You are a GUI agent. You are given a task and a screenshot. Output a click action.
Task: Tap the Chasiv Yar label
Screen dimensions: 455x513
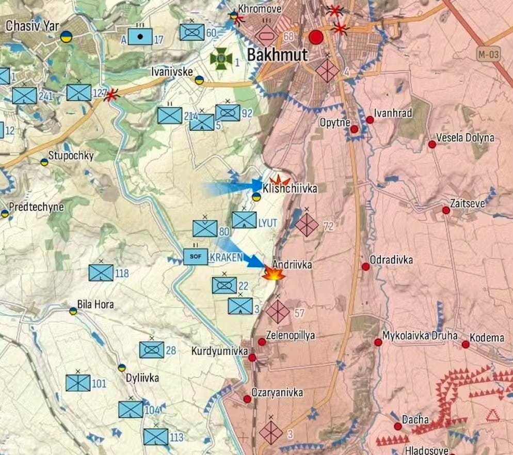[x=33, y=25]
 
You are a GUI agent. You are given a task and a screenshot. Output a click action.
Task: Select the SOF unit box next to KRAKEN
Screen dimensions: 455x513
[x=196, y=257]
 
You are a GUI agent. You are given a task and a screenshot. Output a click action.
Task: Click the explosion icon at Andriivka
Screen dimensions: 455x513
[x=273, y=274]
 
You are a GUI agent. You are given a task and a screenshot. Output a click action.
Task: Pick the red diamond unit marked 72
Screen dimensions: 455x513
[x=307, y=225]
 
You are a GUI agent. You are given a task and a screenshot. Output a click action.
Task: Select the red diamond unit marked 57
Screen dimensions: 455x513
[x=278, y=311]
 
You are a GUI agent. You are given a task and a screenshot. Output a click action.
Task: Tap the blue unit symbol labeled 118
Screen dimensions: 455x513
[x=101, y=273]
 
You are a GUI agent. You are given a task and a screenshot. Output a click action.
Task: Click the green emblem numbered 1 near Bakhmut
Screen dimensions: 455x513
[x=220, y=60]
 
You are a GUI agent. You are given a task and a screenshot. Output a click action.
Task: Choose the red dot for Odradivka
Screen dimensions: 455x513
[x=365, y=266]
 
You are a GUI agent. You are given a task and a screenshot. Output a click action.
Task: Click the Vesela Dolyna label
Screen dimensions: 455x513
[x=465, y=138]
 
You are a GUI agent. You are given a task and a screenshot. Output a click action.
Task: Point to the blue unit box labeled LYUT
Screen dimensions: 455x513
[x=244, y=220]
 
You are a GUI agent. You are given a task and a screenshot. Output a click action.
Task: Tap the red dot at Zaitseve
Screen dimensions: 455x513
[x=446, y=210]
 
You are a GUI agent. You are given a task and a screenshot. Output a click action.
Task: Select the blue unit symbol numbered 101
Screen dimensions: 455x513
[x=78, y=383]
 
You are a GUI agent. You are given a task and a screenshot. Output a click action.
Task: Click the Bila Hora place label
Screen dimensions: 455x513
[x=95, y=304]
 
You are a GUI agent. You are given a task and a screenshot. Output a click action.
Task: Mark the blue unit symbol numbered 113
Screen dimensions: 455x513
[x=155, y=437]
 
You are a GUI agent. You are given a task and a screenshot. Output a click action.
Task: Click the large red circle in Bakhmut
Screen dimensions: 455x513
[x=316, y=37]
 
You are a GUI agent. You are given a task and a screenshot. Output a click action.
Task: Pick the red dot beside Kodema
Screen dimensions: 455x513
[x=466, y=344]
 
